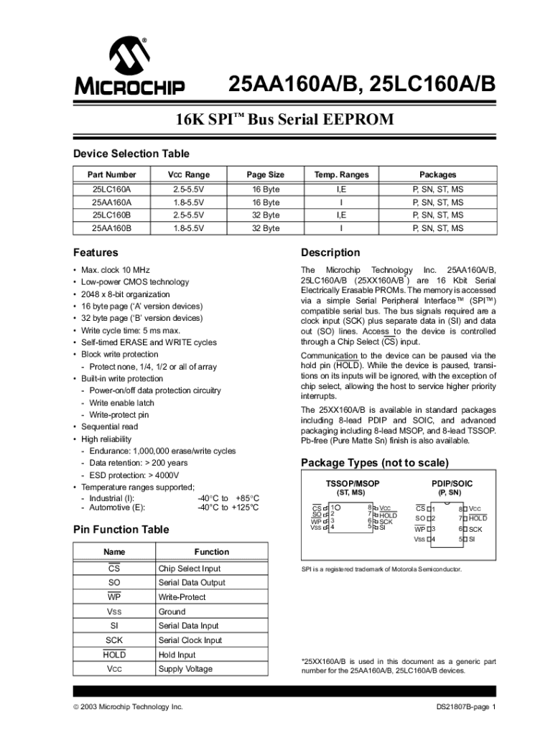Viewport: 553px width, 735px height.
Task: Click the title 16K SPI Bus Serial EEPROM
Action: [285, 119]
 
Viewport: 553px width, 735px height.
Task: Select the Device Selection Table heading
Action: [131, 154]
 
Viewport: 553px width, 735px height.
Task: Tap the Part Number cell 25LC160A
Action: [111, 189]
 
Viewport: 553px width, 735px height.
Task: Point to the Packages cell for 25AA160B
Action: [437, 228]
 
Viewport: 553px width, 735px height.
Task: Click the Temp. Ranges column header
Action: [341, 174]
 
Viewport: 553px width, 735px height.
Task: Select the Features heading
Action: [96, 253]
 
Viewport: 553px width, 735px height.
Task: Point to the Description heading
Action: [330, 253]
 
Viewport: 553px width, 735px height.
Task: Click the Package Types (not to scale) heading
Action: [375, 462]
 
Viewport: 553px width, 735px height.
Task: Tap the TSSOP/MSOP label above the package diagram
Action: [352, 484]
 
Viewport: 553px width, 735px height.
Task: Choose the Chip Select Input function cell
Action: [190, 568]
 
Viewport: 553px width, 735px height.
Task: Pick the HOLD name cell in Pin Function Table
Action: [113, 655]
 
